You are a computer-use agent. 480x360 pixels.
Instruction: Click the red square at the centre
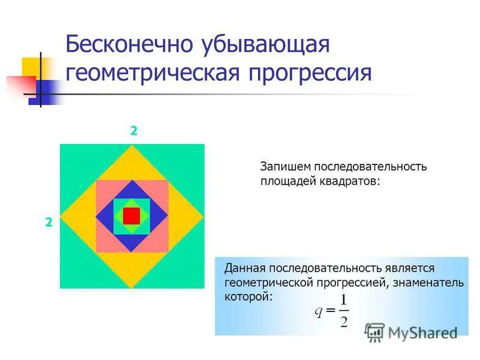pyautogui.click(x=131, y=215)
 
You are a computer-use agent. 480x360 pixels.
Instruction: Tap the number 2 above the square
pyautogui.click(x=134, y=131)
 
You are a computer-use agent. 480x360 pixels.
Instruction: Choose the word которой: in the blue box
pyautogui.click(x=248, y=296)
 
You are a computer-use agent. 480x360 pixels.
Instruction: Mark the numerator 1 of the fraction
pyautogui.click(x=343, y=300)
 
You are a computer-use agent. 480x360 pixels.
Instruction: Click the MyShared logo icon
pyautogui.click(x=374, y=332)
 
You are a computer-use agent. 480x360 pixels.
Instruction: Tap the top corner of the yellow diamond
pyautogui.click(x=132, y=146)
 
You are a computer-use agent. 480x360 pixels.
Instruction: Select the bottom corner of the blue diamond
pyautogui.click(x=132, y=251)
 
